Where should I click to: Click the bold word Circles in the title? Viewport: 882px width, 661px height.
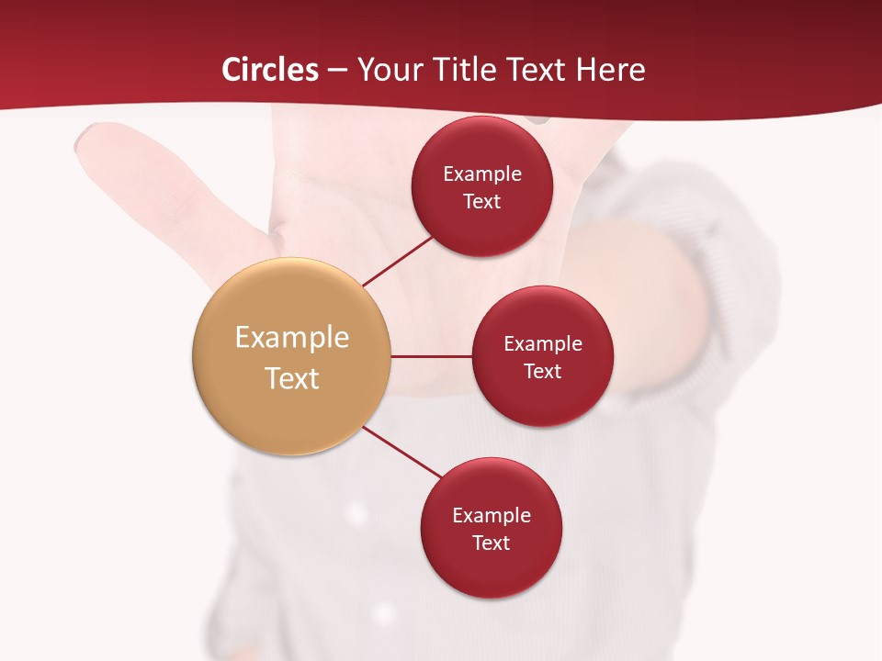tap(270, 70)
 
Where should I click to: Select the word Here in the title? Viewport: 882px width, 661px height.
tap(610, 70)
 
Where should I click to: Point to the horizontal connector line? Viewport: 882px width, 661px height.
tap(432, 356)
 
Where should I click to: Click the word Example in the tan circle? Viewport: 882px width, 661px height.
tap(292, 338)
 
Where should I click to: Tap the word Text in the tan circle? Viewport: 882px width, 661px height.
tap(292, 377)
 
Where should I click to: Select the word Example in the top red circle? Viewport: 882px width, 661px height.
tap(482, 174)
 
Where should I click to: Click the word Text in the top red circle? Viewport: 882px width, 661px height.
tap(482, 202)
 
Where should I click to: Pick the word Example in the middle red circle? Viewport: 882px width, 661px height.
tap(543, 344)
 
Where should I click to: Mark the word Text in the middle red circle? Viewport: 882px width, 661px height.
tap(543, 371)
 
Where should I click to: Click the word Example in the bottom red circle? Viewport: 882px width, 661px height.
tap(492, 516)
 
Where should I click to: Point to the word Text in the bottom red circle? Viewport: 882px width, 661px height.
tap(492, 543)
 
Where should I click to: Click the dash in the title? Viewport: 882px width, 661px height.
tap(337, 70)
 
